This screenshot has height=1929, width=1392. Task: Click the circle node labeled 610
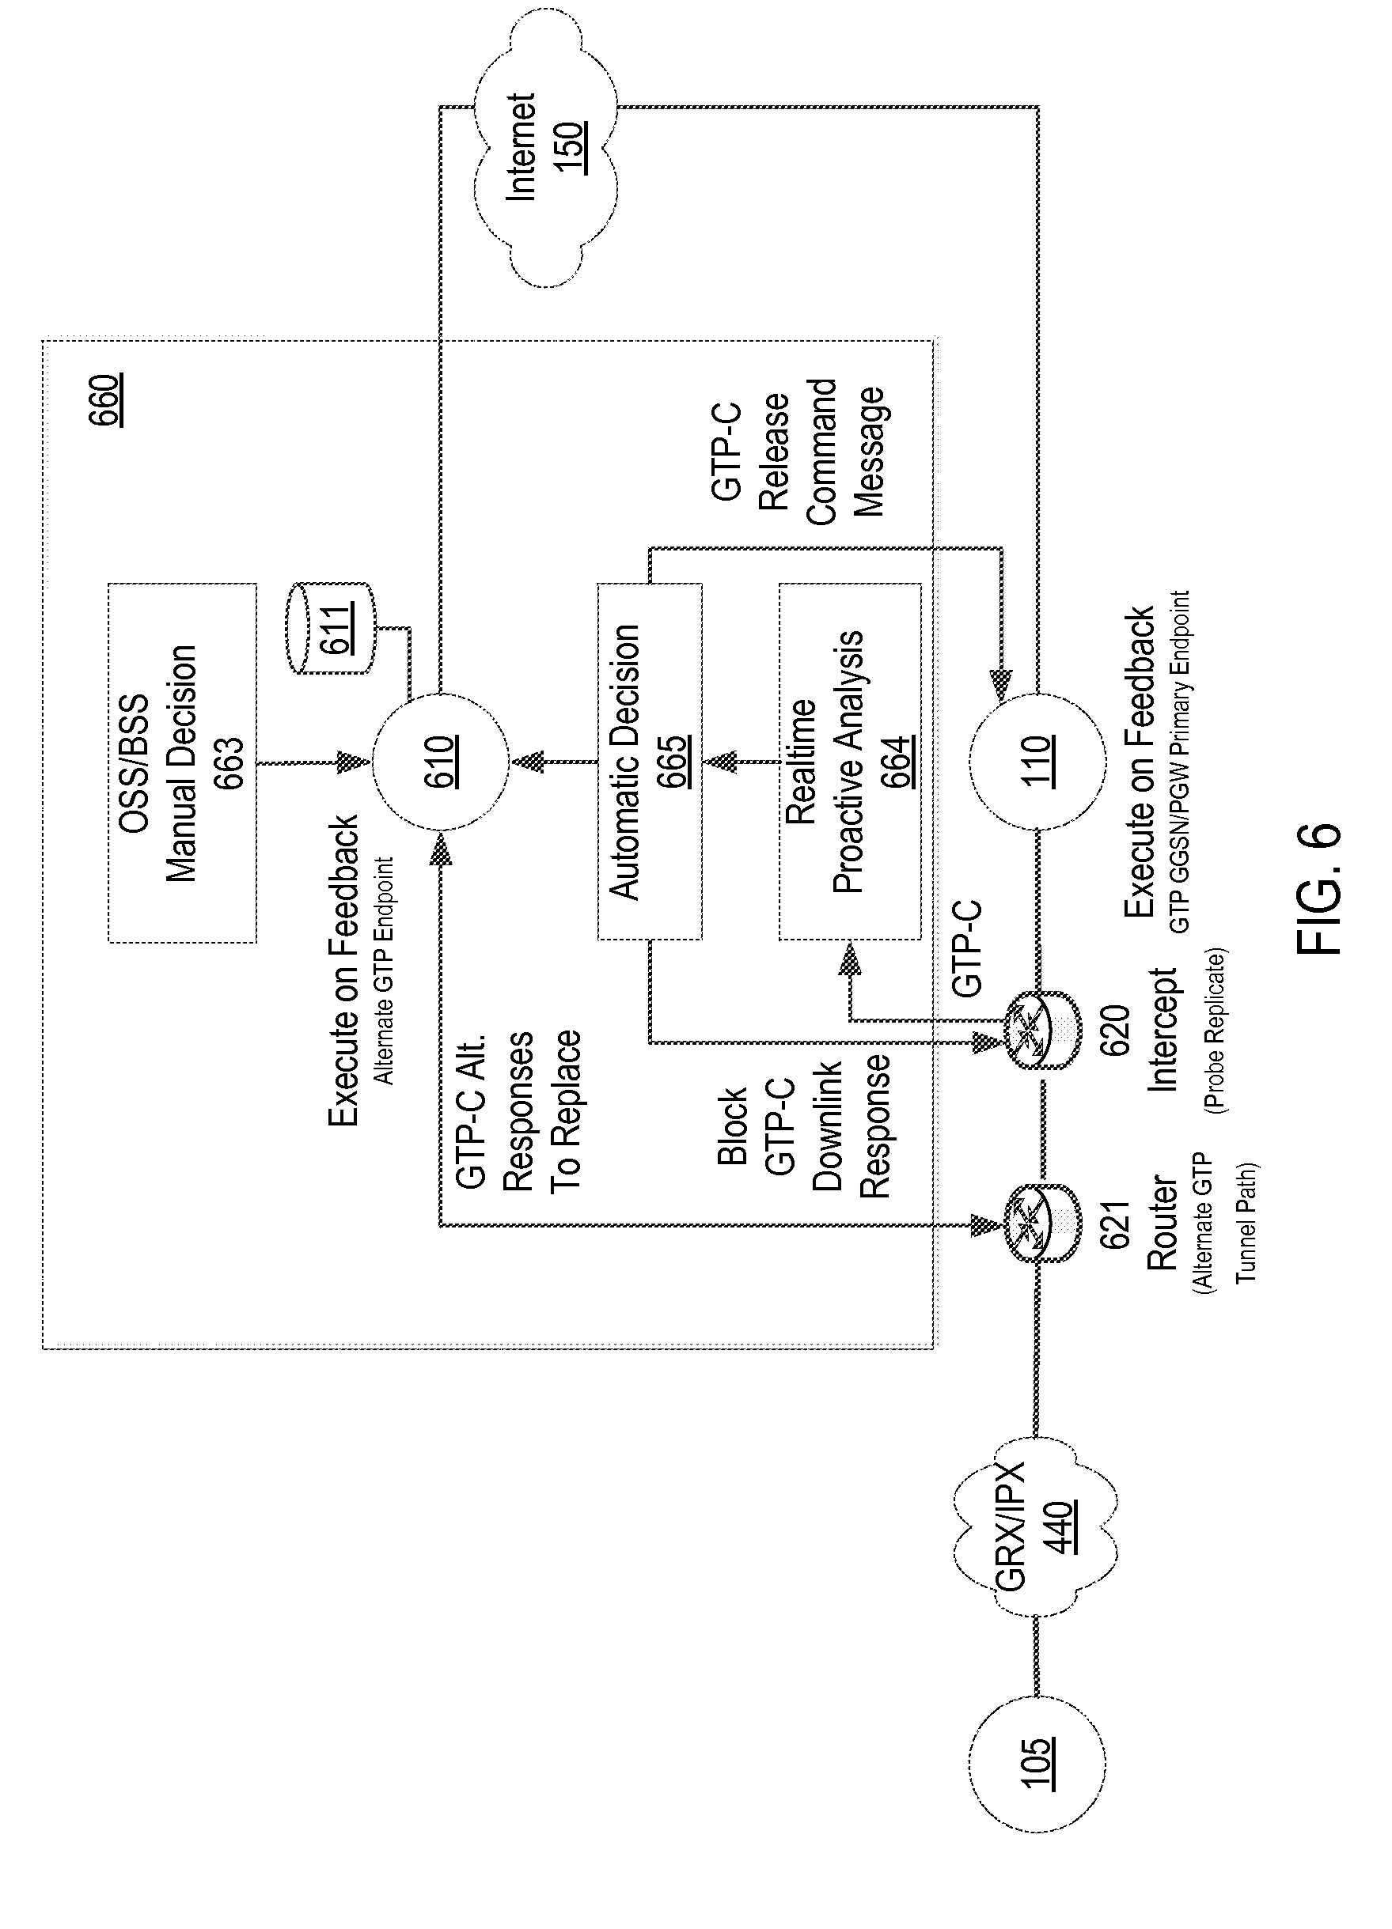coord(440,762)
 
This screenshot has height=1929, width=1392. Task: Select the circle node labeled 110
coord(1037,760)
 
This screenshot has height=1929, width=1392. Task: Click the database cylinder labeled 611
coord(332,629)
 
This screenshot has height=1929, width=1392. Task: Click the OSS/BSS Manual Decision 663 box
coord(182,763)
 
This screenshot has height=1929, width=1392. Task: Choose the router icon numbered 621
coord(1042,1226)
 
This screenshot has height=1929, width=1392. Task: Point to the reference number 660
coord(105,399)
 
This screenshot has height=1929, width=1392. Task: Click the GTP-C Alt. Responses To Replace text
coord(518,1110)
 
